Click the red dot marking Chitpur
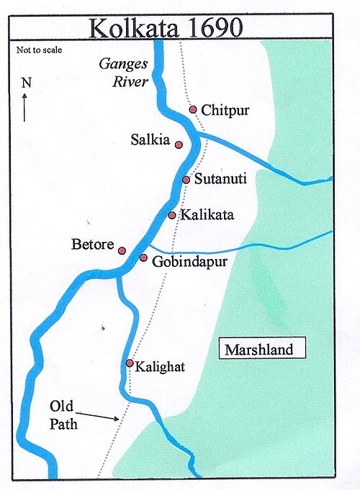tap(193, 109)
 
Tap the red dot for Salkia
tap(179, 145)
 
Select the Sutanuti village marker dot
tap(186, 180)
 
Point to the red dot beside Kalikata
tap(172, 215)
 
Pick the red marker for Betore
tap(122, 250)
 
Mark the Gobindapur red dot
tap(143, 258)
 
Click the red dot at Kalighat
tap(130, 363)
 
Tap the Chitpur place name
tap(227, 110)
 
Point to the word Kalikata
tap(208, 215)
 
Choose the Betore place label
tap(94, 245)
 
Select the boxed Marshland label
tap(258, 350)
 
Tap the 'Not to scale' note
tap(39, 50)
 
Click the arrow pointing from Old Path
tap(97, 414)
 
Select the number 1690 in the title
tap(211, 27)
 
